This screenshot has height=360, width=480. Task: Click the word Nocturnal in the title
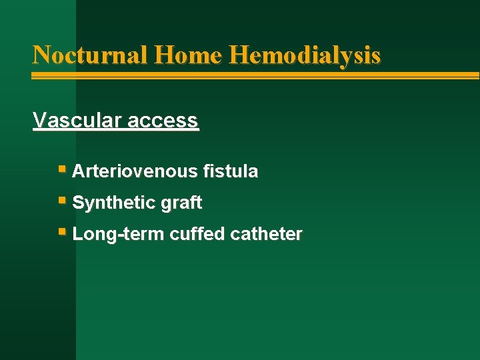point(89,54)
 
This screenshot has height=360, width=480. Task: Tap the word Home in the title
point(188,54)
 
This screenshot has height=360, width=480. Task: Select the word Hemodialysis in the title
point(305,55)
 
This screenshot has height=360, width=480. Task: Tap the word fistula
point(231,171)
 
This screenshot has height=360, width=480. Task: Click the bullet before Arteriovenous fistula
point(62,169)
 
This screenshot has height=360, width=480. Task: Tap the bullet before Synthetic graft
point(62,201)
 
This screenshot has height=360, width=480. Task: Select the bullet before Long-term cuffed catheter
point(62,232)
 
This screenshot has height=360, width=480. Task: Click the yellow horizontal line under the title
point(253,75)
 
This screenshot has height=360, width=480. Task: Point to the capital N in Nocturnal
point(41,54)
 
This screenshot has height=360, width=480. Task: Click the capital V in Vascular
point(39,121)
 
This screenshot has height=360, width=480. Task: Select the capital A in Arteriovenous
point(78,171)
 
